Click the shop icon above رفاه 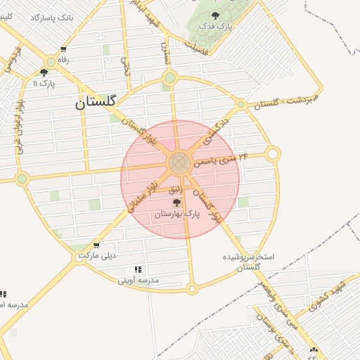(63, 49)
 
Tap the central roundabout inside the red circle (179, 163)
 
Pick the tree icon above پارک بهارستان (176, 202)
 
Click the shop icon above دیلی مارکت (96, 246)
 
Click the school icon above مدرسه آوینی (138, 269)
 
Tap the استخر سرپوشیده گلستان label (250, 262)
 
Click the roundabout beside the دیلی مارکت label (78, 258)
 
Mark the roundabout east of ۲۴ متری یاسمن (274, 153)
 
